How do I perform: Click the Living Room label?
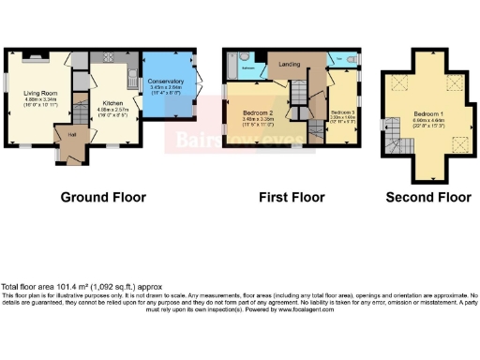(39, 93)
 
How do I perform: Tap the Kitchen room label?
(112, 102)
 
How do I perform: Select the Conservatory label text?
(167, 82)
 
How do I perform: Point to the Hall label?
(71, 133)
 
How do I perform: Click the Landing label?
(279, 64)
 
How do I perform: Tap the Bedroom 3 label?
(340, 110)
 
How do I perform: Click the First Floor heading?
(291, 197)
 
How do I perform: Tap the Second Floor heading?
(427, 197)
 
